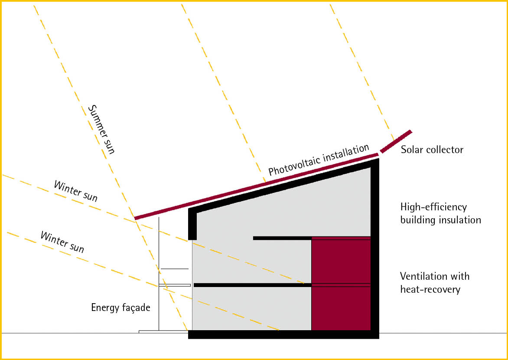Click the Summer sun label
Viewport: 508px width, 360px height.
pyautogui.click(x=101, y=129)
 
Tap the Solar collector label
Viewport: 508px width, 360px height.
pyautogui.click(x=432, y=150)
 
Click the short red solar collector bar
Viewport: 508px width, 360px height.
pyautogui.click(x=396, y=141)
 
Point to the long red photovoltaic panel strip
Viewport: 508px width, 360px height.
pyautogui.click(x=257, y=187)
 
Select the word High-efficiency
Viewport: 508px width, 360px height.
pyautogui.click(x=433, y=207)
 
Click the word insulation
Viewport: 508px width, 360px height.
pyautogui.click(x=460, y=220)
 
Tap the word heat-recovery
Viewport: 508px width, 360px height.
pyautogui.click(x=430, y=289)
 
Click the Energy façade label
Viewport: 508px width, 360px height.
pyautogui.click(x=120, y=308)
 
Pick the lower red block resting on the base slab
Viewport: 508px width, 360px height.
pyautogui.click(x=341, y=308)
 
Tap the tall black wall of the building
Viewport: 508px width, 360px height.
pyautogui.click(x=375, y=248)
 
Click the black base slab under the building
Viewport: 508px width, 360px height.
pyautogui.click(x=283, y=334)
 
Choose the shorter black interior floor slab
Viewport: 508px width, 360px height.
pyautogui.click(x=282, y=239)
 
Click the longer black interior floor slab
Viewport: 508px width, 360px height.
pyautogui.click(x=252, y=285)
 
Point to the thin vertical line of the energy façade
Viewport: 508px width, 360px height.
pyautogui.click(x=159, y=274)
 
